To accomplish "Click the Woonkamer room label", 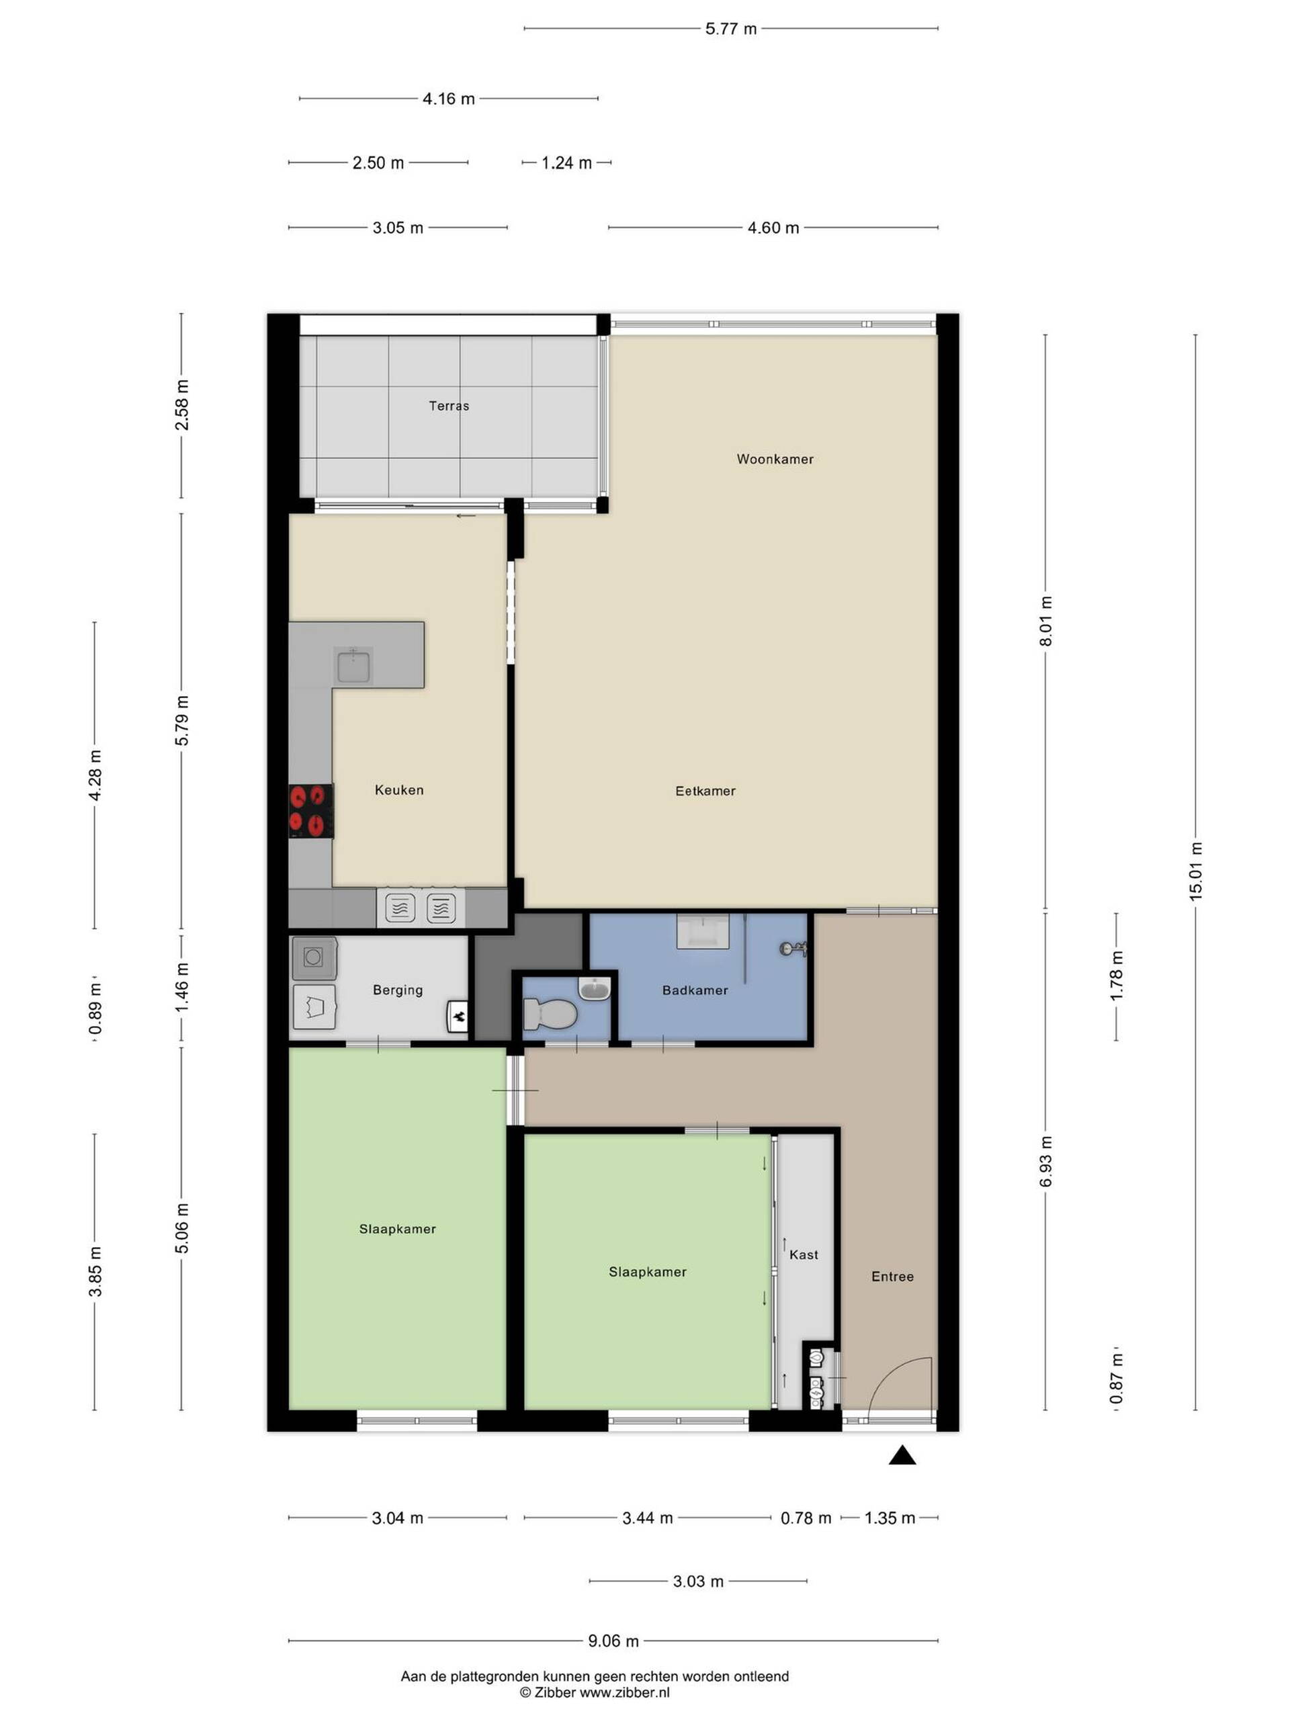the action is [775, 459].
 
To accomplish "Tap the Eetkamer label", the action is [705, 791].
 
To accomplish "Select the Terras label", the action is [449, 405].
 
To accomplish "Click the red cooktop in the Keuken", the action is [311, 810].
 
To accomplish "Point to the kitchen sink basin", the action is [353, 666].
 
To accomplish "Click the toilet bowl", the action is [550, 1013].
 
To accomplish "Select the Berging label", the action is [397, 990].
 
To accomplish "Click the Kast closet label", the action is [804, 1254].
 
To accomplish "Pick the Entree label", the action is [892, 1276].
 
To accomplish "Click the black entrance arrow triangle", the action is [902, 1455].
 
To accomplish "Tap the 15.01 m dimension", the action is [1195, 871].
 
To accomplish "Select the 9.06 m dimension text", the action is [613, 1641].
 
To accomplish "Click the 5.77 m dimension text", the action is [731, 29].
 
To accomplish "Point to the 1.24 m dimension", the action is [566, 163].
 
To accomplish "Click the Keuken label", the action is [399, 790].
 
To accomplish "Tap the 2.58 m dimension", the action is [181, 404].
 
